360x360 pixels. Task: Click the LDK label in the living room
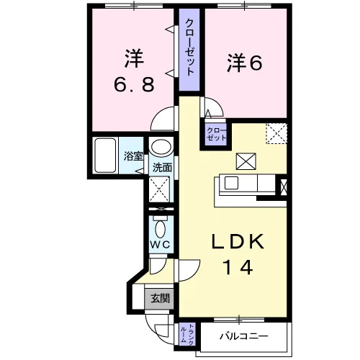click(238, 240)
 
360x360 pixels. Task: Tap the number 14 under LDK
click(238, 267)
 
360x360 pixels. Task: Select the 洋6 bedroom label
click(244, 63)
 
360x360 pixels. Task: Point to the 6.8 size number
click(133, 84)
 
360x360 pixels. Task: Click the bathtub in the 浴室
click(105, 156)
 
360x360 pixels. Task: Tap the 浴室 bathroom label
click(133, 156)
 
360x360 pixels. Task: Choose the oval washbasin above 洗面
click(161, 148)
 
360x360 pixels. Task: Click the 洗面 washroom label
click(162, 168)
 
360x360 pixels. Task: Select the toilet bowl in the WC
click(160, 229)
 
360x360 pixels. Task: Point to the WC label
click(160, 245)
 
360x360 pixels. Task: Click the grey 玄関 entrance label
click(160, 298)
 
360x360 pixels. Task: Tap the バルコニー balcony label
click(243, 336)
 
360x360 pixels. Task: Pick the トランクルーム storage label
click(186, 335)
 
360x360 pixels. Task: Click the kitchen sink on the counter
click(231, 183)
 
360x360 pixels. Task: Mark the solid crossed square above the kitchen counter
click(246, 161)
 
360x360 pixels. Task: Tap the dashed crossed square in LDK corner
click(276, 133)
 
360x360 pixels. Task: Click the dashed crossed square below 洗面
click(159, 189)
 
